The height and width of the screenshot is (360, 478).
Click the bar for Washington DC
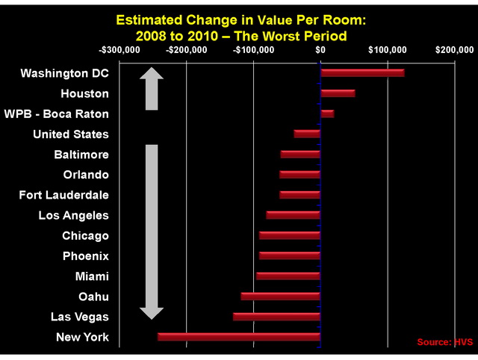tap(362, 73)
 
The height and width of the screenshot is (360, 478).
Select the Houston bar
tap(338, 93)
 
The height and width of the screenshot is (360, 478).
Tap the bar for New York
tap(239, 337)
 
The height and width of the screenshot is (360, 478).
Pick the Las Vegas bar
tap(276, 317)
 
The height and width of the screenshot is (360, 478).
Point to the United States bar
tap(307, 134)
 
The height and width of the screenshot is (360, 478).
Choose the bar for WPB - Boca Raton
tap(327, 114)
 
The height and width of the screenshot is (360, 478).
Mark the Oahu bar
tap(281, 297)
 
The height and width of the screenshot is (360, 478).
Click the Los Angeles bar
tap(294, 215)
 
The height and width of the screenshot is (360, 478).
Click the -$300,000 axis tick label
tap(119, 50)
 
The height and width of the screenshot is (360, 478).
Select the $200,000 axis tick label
tap(454, 50)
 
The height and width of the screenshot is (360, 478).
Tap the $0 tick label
tap(320, 50)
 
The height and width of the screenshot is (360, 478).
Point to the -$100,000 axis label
tap(253, 50)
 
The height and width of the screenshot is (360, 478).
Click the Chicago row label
tap(85, 236)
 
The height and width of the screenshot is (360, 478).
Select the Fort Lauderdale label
tap(63, 195)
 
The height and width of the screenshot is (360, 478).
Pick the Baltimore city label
tap(81, 155)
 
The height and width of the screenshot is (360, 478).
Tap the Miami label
tap(92, 276)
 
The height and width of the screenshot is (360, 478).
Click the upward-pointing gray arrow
tap(152, 88)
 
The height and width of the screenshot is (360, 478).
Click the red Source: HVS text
tap(444, 342)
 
